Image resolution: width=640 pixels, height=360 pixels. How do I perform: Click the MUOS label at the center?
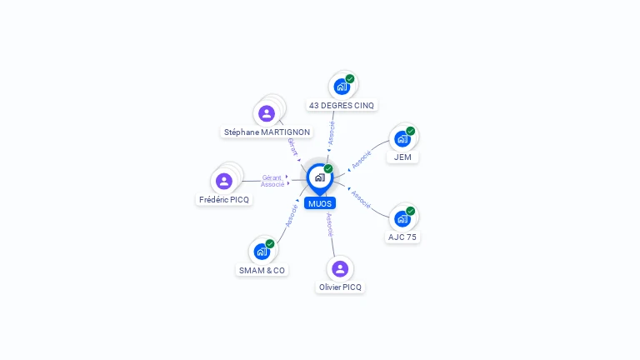pos(320,203)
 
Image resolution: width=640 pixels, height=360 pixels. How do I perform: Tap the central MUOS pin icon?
pos(320,179)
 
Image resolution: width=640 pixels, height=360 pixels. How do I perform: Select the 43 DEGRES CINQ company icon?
pos(342,87)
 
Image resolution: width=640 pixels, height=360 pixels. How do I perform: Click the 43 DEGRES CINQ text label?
pos(342,105)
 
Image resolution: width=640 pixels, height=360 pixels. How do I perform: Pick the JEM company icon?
pos(402,139)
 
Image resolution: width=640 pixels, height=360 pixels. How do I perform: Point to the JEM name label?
pos(402,157)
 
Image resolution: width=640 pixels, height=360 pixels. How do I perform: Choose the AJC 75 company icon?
pos(402,219)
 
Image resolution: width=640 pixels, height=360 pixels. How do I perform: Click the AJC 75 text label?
pos(402,237)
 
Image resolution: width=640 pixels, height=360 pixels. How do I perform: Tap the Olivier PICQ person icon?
pos(340,269)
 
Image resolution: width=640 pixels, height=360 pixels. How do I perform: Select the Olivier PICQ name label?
pos(340,287)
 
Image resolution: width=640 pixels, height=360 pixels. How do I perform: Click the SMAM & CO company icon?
pos(262,252)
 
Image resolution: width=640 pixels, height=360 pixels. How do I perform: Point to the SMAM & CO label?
pos(262,271)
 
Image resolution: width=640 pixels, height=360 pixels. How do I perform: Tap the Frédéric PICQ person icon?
pos(224,181)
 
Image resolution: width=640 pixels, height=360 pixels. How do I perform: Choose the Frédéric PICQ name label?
pos(224,200)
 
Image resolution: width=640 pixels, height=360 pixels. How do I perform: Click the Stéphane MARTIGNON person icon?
pos(267,113)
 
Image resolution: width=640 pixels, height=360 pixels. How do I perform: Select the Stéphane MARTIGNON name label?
pos(267,132)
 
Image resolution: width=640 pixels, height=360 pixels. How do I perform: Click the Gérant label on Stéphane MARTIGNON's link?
pos(292,147)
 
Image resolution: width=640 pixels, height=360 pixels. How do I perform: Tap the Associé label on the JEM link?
pos(362,160)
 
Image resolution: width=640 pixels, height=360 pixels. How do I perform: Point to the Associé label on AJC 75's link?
pos(361,200)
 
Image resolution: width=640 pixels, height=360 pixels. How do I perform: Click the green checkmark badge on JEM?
pos(411,131)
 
